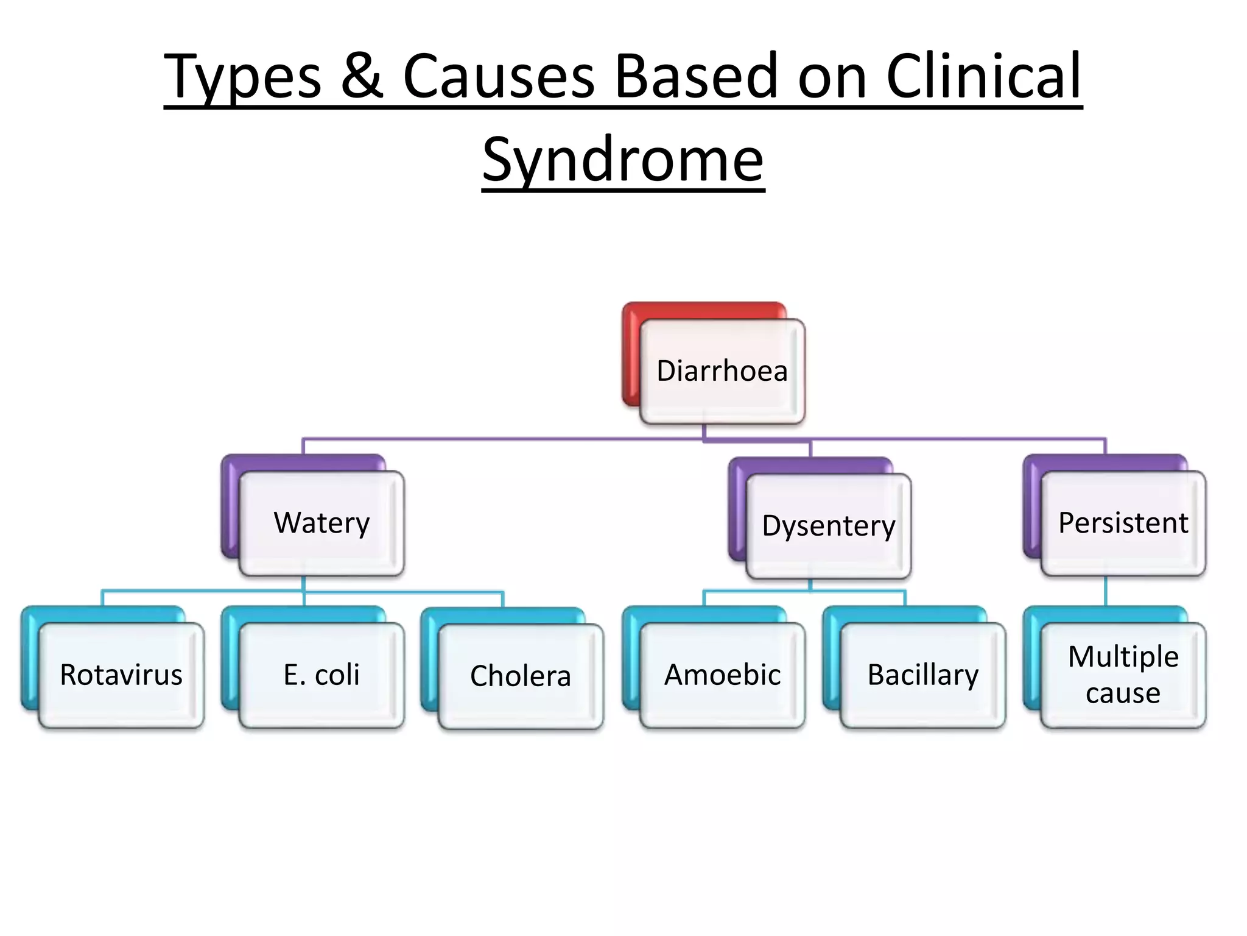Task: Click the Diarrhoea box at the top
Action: click(x=722, y=371)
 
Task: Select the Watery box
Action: click(x=321, y=523)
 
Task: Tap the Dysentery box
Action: click(x=828, y=526)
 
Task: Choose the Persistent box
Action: click(x=1123, y=523)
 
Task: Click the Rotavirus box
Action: click(x=121, y=675)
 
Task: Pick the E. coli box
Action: click(x=321, y=675)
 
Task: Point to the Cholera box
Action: click(x=521, y=676)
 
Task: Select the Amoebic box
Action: click(x=722, y=675)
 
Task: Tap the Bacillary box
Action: click(x=922, y=675)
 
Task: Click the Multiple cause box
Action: click(x=1123, y=675)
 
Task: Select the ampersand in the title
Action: click(x=362, y=76)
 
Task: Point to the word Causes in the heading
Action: click(x=498, y=76)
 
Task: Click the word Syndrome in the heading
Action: click(x=623, y=160)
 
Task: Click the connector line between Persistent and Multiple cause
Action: click(x=1106, y=591)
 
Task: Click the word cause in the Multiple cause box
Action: click(x=1123, y=693)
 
